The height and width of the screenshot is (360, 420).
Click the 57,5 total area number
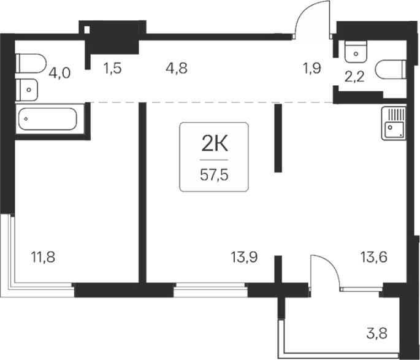point(214,175)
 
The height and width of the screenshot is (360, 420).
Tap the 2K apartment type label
point(214,145)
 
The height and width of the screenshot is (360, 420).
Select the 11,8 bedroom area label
point(43,258)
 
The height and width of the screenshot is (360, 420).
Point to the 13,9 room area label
point(244,258)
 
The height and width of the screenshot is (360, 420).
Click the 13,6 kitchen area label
point(373,258)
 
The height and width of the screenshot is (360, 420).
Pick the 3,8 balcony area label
point(377,334)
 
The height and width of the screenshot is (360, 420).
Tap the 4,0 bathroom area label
point(59,73)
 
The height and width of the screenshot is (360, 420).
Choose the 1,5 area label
point(112,69)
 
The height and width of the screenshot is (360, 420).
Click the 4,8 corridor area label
point(177,69)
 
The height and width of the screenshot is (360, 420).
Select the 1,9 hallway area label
point(312,69)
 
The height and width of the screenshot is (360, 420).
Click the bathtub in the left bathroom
point(48,119)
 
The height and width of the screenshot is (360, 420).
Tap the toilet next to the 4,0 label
point(31,63)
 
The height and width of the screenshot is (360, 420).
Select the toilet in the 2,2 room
point(392,69)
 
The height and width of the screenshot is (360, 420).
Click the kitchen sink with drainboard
point(394,123)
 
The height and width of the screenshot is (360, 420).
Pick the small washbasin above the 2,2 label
point(356,52)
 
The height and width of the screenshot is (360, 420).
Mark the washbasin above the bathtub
point(26,90)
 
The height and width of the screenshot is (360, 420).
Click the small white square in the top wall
point(87,29)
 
